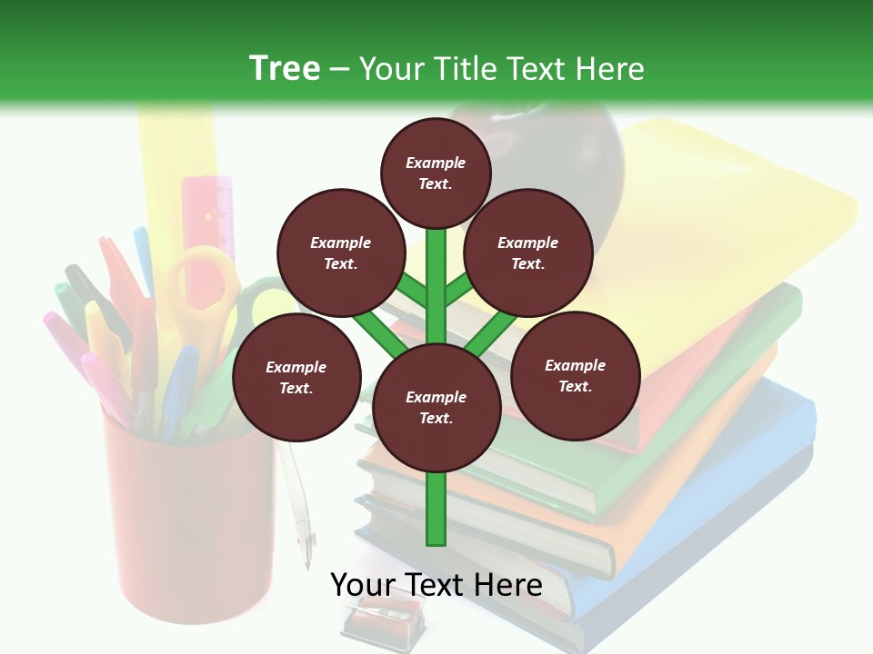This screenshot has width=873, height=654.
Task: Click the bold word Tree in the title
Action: [x=285, y=69]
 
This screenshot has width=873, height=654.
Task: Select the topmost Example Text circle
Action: [x=436, y=173]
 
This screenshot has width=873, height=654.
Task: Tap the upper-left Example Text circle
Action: [x=340, y=253]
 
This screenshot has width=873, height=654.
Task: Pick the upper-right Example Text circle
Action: [x=527, y=253]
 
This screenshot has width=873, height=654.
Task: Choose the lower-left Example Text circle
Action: [x=296, y=378]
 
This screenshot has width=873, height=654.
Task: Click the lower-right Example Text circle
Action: [x=575, y=376]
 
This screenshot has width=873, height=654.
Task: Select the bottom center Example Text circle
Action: [x=436, y=408]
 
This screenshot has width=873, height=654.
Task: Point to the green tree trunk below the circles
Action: [x=436, y=509]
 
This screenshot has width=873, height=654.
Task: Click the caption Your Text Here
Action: [x=436, y=585]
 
